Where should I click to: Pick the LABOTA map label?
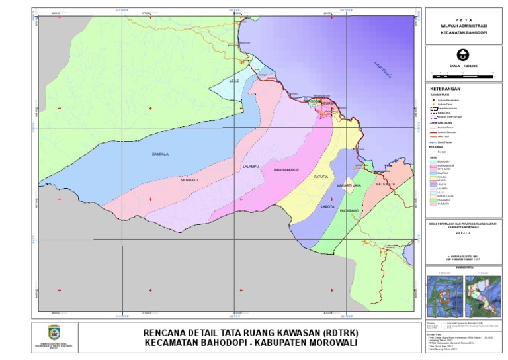pos(327,206)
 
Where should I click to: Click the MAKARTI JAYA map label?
pos(348,186)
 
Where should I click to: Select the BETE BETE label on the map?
pos(385,185)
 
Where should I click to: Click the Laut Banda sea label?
pos(382,69)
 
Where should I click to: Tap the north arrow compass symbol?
pos(464,56)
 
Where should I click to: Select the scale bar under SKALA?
pos(463,73)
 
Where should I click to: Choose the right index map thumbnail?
pos(483,291)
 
